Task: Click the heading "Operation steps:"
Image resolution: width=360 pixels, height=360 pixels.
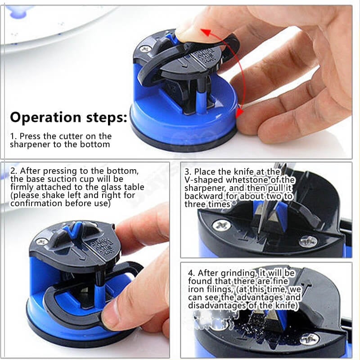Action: click(x=68, y=117)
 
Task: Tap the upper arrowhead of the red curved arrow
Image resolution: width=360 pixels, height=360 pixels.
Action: click(x=205, y=32)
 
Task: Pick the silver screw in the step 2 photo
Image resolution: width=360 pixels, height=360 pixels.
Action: click(x=41, y=241)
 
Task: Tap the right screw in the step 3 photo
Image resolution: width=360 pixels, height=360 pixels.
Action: click(x=308, y=241)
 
